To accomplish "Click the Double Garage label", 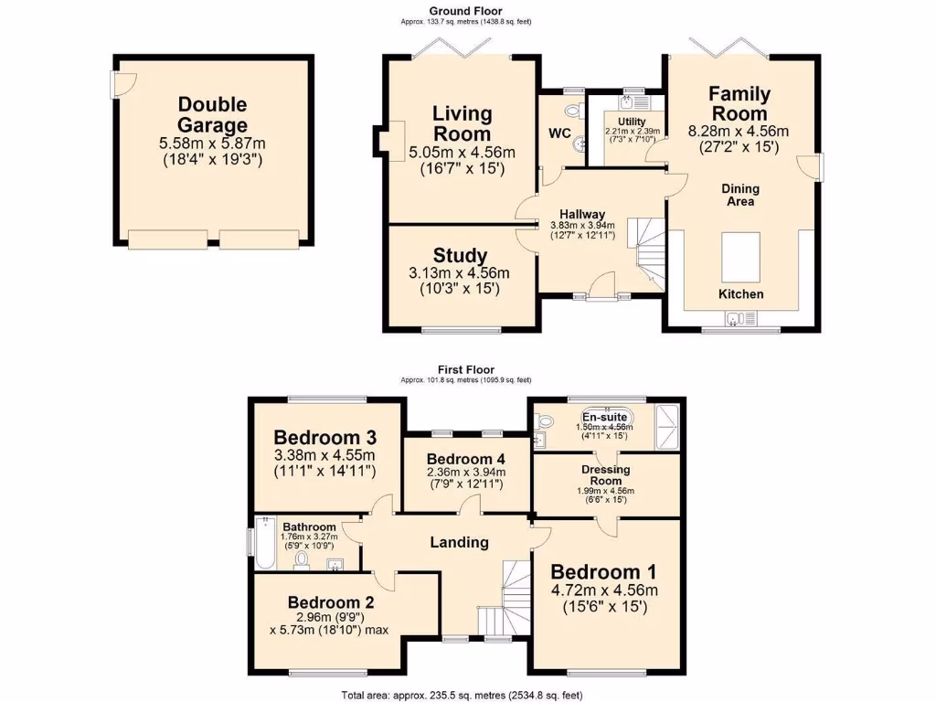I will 212,115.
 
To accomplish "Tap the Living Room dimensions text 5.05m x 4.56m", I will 462,152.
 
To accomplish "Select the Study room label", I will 461,256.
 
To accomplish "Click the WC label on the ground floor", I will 558,133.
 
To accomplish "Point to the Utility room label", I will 632,122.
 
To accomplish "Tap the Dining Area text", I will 740,195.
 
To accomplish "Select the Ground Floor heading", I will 466,11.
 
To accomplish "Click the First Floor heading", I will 466,370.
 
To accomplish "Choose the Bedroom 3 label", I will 325,435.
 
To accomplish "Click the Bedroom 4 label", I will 466,458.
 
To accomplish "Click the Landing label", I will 459,542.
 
